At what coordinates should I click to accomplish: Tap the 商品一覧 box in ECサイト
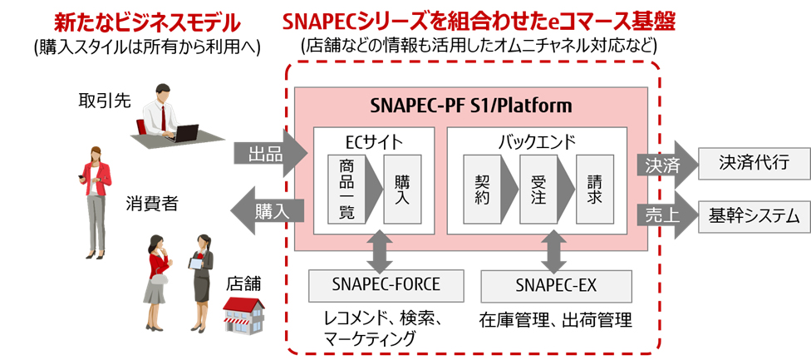347,189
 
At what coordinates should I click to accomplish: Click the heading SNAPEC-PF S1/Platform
470,106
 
